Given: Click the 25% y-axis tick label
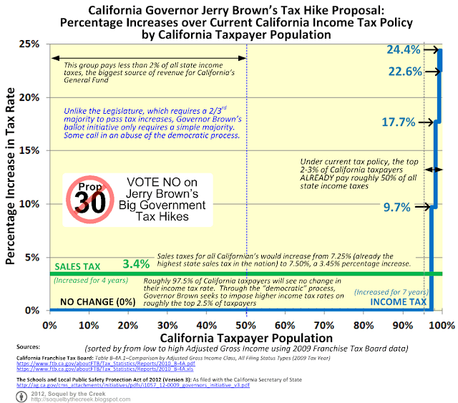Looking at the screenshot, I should point(29,44).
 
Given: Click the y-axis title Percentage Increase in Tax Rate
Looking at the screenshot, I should point(11,175).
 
